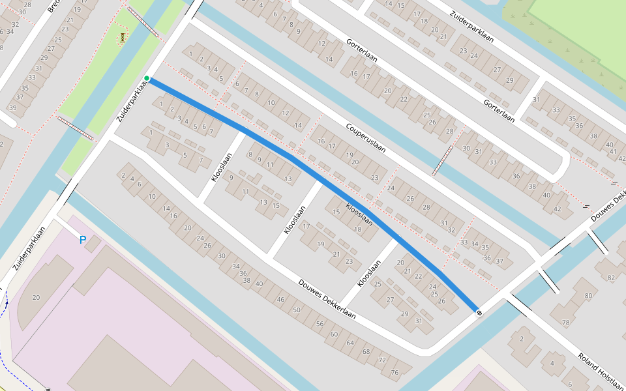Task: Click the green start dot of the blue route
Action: pos(147,79)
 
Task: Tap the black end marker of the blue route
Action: pos(479,313)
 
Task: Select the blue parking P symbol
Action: pos(83,240)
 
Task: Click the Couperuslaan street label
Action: pos(366,138)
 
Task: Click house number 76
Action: pos(394,372)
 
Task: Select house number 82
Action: pos(611,278)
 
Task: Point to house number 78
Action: pos(566,323)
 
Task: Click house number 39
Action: pos(12,108)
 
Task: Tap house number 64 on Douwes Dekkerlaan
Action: pos(350,342)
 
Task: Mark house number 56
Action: pos(320,323)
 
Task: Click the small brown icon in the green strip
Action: pos(122,38)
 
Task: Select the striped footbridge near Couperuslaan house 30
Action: pos(443,160)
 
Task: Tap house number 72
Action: pos(382,360)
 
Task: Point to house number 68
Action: pos(365,351)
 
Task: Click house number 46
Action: pos(280,299)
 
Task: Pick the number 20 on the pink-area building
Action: pos(36,297)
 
